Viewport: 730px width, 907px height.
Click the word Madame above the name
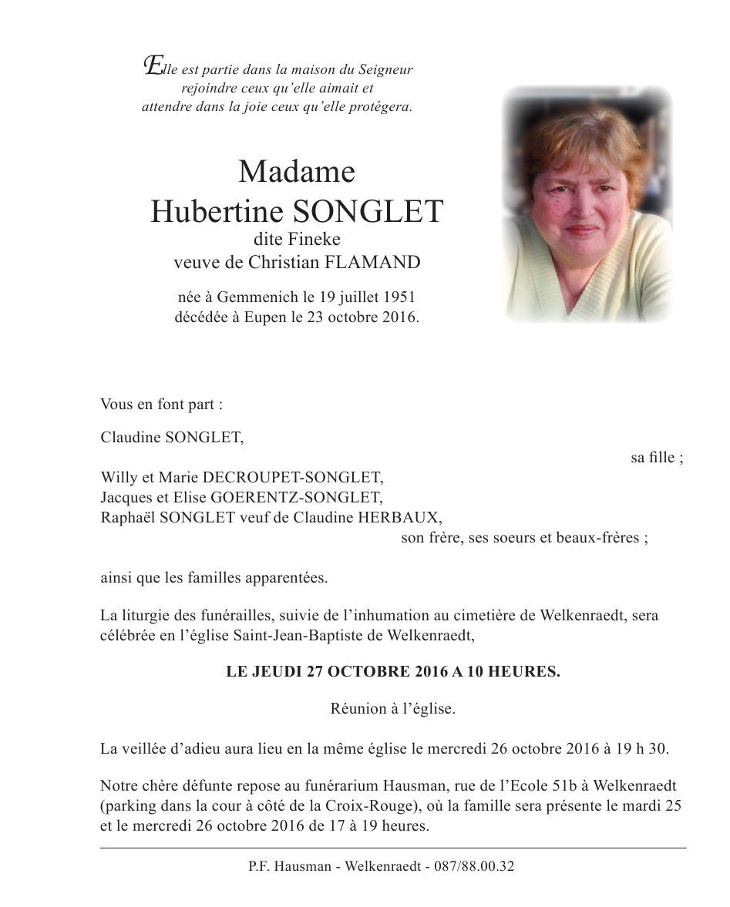pyautogui.click(x=297, y=171)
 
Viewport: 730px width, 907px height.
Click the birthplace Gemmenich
pyautogui.click(x=251, y=297)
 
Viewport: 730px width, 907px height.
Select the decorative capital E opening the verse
pyautogui.click(x=153, y=66)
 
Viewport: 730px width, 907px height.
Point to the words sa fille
pyautogui.click(x=656, y=458)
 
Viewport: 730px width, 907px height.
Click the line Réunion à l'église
pyautogui.click(x=393, y=709)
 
